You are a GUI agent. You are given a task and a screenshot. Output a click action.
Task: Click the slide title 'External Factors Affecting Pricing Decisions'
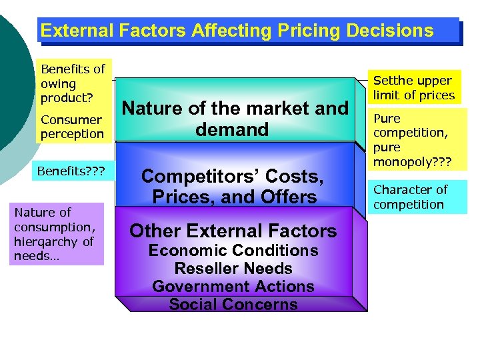(237, 31)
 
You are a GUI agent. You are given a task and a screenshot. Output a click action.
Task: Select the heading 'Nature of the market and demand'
(235, 118)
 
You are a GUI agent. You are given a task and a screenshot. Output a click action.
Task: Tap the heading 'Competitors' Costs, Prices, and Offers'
(233, 187)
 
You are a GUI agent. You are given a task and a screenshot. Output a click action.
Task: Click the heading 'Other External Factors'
(233, 231)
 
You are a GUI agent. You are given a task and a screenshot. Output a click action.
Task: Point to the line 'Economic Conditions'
(233, 251)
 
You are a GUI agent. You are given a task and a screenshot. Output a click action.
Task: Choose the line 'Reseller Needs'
(233, 269)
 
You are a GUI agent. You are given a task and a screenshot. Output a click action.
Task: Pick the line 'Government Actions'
(233, 287)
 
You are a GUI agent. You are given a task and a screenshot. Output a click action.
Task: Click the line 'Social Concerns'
(233, 305)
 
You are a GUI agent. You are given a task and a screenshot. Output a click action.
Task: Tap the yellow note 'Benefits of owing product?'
(73, 83)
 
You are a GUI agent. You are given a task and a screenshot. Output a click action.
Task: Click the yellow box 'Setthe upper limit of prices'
(413, 87)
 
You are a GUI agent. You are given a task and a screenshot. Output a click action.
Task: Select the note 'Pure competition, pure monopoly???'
(411, 140)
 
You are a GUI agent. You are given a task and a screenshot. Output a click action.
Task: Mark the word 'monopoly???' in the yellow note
(412, 161)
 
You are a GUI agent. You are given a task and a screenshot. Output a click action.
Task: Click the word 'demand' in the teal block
(232, 129)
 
